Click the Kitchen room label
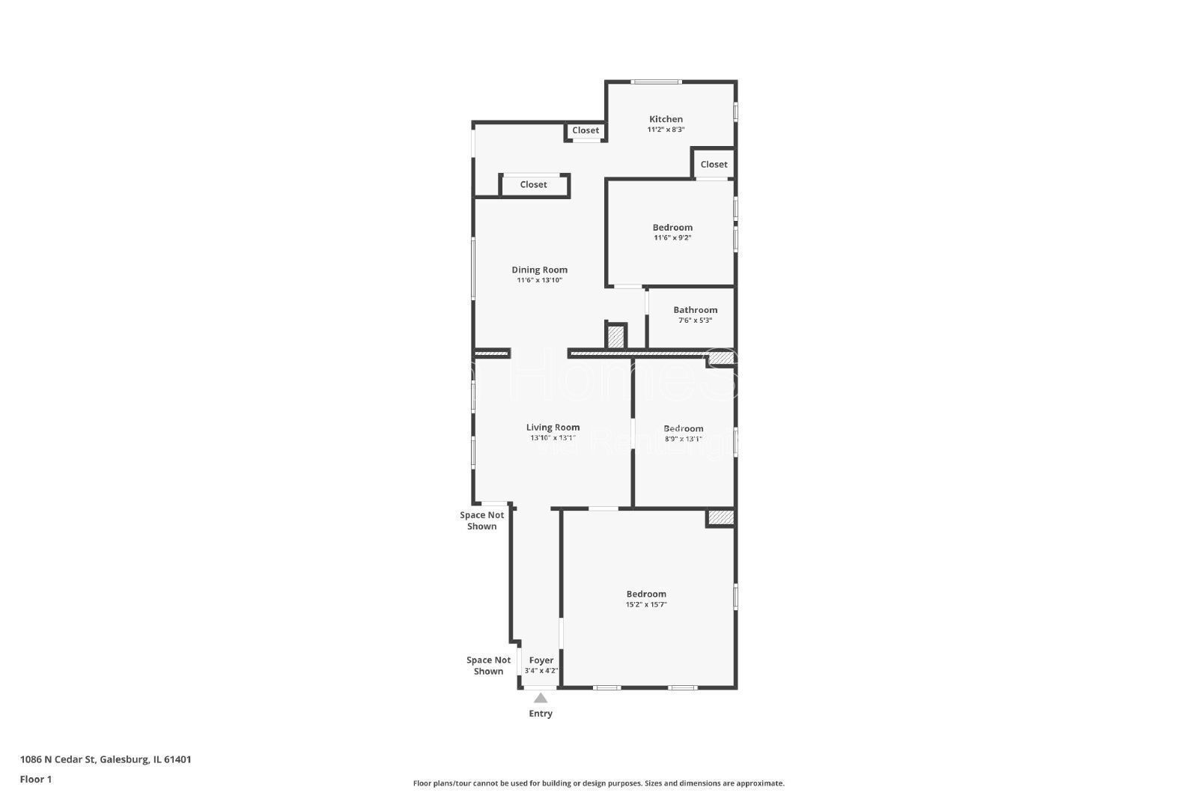click(666, 119)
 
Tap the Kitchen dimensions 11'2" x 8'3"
click(666, 130)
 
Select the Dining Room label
click(539, 270)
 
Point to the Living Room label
click(553, 428)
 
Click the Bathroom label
click(695, 310)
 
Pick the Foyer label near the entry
click(541, 660)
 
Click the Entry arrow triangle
click(540, 698)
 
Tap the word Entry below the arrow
click(540, 714)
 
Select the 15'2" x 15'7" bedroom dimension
click(646, 604)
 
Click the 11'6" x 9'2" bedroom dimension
click(672, 238)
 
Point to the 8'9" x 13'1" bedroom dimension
click(683, 440)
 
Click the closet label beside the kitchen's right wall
click(714, 165)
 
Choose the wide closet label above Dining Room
click(533, 185)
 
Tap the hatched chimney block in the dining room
click(615, 336)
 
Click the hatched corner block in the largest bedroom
click(720, 517)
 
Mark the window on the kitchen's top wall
click(656, 82)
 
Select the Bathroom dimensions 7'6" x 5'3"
click(695, 320)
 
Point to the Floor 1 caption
click(36, 779)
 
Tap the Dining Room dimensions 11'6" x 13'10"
click(539, 280)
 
